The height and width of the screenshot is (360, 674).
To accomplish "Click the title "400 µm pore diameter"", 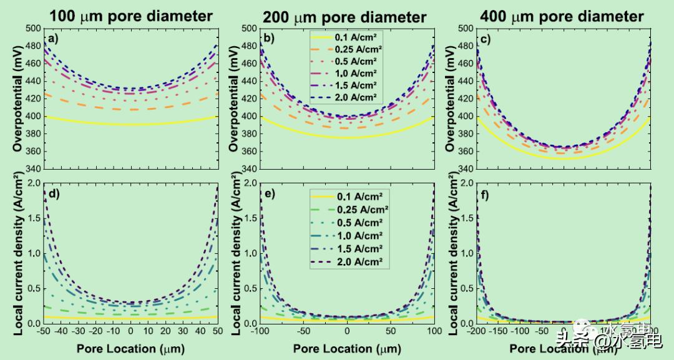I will click(562, 15).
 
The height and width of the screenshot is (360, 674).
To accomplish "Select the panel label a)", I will click(53, 41).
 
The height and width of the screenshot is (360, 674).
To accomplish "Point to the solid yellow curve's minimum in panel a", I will click(130, 124).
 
